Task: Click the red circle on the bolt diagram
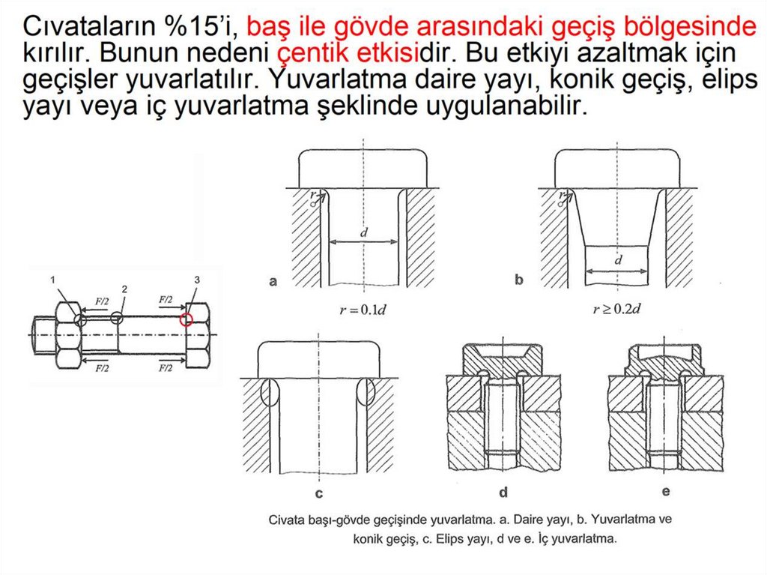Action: point(180,319)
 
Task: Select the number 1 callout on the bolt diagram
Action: point(52,280)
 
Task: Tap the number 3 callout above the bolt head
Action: point(197,280)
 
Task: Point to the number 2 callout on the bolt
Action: point(124,289)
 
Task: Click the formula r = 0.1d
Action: point(363,310)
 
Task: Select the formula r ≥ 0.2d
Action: point(616,309)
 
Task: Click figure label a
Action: point(273,281)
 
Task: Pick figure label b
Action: point(519,280)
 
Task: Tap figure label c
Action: point(319,493)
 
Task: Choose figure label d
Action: point(503,492)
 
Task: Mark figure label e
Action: point(666,491)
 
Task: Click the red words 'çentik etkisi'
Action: point(348,52)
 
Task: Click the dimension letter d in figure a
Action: point(363,232)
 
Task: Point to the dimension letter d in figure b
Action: point(618,259)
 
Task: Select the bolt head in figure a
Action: point(363,169)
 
